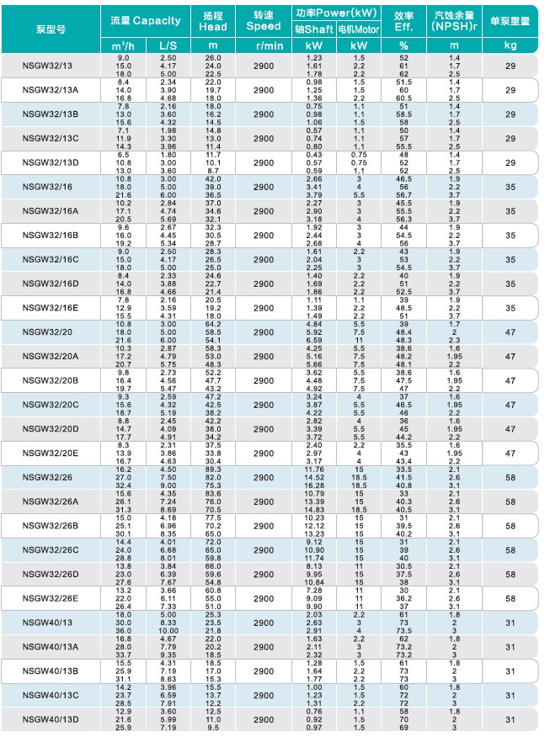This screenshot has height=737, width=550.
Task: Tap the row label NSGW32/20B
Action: tap(52, 381)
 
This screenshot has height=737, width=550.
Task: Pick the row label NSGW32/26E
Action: tap(52, 598)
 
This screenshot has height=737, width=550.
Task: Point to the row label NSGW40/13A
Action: tap(52, 646)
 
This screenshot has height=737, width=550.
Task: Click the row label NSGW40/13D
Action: tap(52, 719)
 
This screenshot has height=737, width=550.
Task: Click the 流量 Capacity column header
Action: tap(145, 20)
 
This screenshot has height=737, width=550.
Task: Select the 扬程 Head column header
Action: tap(213, 20)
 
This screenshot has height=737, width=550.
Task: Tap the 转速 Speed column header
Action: tap(263, 20)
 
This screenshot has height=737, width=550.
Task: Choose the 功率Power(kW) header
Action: tap(335, 13)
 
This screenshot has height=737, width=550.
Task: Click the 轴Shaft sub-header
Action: tap(314, 28)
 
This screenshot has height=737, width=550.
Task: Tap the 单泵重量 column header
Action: tap(510, 20)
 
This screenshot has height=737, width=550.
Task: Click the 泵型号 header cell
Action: tap(51, 28)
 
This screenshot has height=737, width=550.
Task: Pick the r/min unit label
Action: tap(263, 45)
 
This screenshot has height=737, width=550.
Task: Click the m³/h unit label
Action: tap(123, 45)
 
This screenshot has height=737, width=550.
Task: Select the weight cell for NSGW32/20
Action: tap(510, 332)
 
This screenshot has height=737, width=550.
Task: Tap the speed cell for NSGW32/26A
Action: tap(263, 501)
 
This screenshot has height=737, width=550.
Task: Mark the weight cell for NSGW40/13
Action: tap(510, 623)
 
